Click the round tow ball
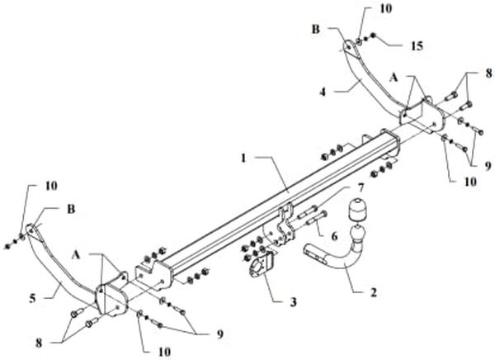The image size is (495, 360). [x=356, y=213]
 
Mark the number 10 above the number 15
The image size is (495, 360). [x=364, y=9]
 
